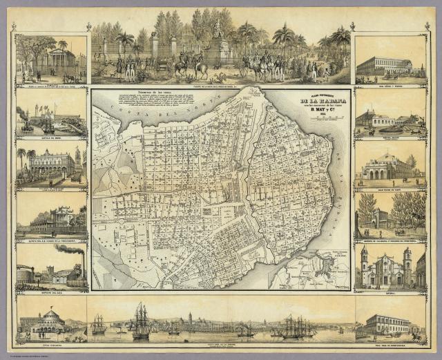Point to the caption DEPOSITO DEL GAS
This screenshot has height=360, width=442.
tap(51, 289)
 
